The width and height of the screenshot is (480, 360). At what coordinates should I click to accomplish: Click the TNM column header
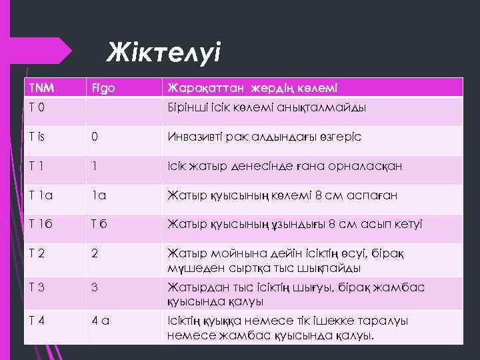click(41, 88)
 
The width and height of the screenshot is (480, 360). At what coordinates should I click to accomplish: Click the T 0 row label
click(37, 107)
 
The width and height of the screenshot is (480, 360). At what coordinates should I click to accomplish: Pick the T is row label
click(38, 137)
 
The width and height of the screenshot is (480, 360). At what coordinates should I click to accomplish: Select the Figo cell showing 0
click(95, 137)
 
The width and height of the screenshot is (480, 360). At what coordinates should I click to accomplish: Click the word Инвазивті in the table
click(193, 137)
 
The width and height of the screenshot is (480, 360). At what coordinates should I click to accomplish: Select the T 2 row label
click(37, 255)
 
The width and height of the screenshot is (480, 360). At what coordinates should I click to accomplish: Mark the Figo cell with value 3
click(95, 287)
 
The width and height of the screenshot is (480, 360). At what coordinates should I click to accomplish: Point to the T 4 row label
click(37, 321)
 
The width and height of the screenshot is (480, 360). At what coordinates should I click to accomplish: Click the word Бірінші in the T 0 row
click(188, 107)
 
